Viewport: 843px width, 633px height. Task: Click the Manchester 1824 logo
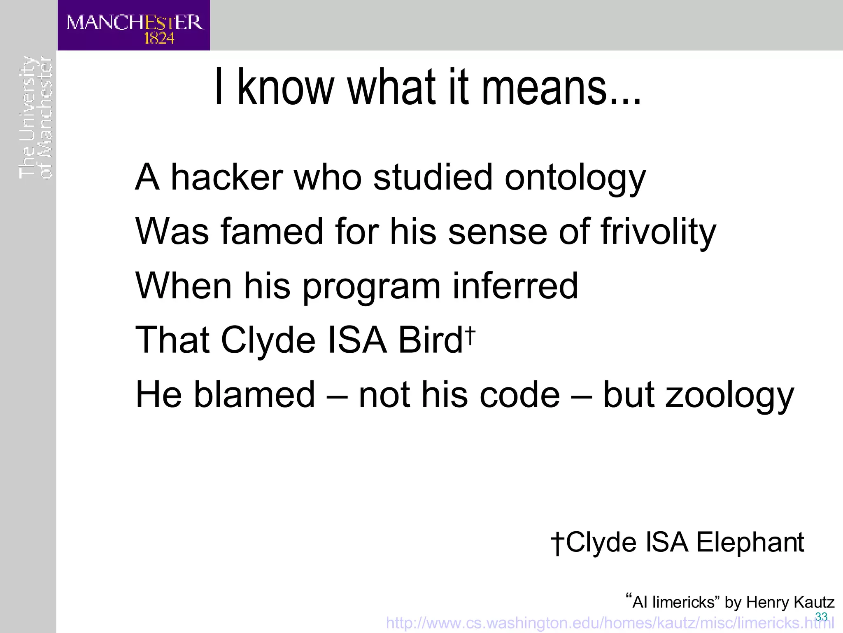134,26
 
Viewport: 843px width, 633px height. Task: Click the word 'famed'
272,232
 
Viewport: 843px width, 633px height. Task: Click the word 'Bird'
431,340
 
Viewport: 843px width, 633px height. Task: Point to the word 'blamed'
254,394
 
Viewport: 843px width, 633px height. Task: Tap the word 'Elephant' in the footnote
750,542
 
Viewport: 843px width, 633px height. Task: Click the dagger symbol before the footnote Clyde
557,543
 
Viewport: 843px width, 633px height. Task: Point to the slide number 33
821,617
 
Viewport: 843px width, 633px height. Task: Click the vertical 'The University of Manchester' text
36,118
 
